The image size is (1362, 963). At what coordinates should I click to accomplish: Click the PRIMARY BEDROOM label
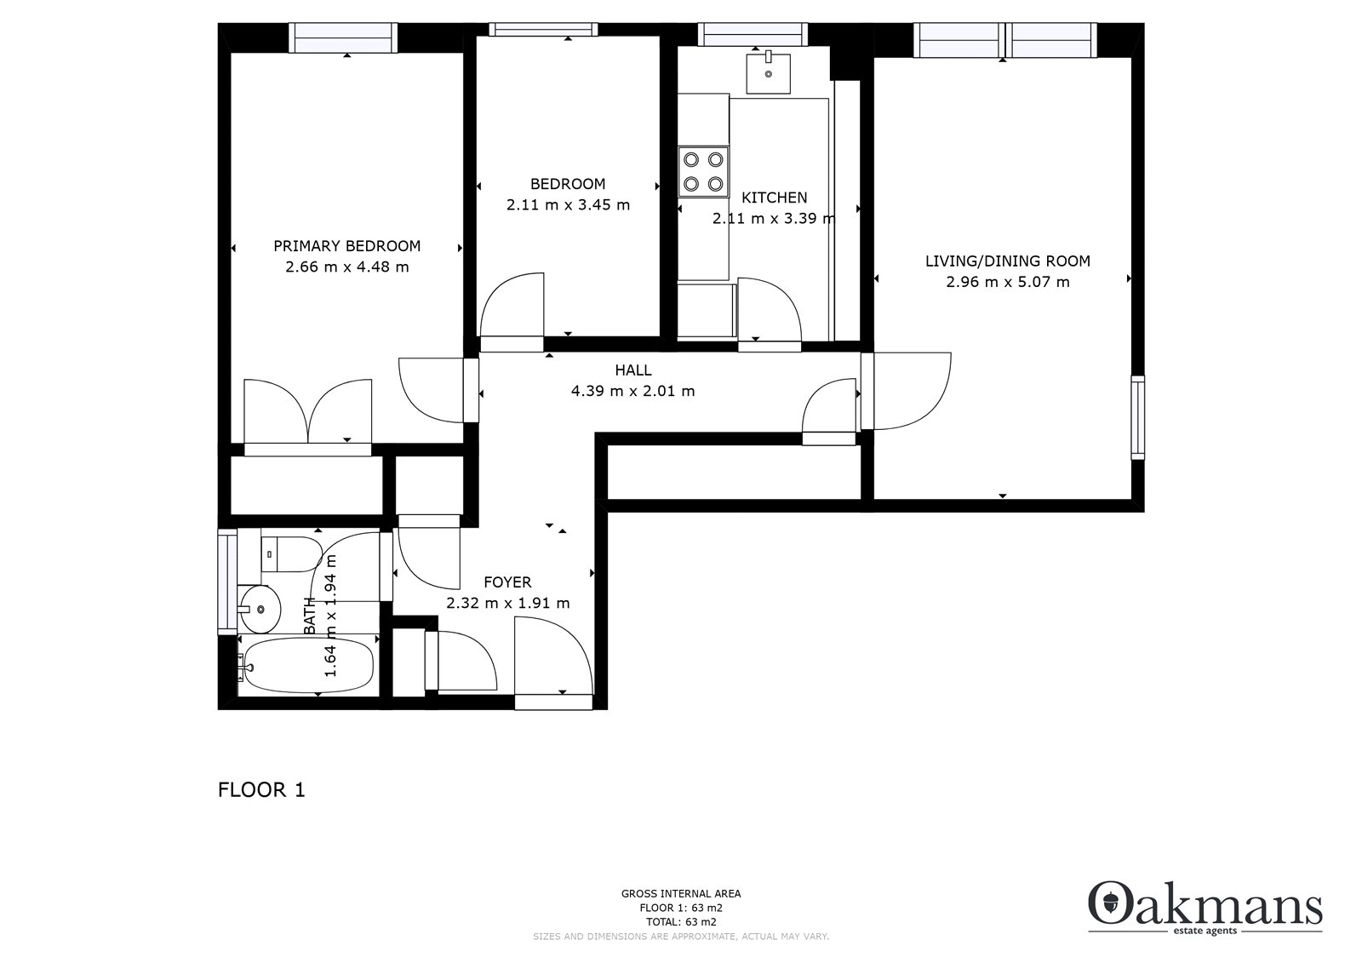pos(346,246)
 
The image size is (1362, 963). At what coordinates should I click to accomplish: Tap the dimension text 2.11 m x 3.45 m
pos(568,205)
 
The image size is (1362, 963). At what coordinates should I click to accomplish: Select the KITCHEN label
pos(774,198)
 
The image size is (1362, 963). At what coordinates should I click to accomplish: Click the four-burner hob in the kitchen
pos(703,171)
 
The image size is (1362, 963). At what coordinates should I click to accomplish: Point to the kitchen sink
pos(769,73)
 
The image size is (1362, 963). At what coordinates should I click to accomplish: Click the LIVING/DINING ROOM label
pos(1008,261)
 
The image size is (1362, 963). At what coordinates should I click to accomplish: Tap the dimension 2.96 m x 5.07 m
pos(1008,283)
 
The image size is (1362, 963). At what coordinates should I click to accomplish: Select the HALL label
pos(633,370)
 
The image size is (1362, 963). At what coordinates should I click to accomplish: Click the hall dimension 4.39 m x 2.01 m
pos(632,391)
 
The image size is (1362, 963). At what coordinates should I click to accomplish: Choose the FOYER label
pos(507,582)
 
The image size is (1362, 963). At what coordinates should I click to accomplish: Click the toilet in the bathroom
pos(292,554)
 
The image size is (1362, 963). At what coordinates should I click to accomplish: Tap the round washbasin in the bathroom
pos(260,609)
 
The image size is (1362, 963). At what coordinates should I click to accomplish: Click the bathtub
pos(306,665)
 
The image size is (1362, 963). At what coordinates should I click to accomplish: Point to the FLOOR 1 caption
pos(261,789)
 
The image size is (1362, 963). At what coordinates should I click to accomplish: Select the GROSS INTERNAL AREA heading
pos(681,894)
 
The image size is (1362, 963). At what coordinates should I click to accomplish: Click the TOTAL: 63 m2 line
pos(681,922)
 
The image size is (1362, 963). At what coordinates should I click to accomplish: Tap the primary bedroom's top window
pos(343,37)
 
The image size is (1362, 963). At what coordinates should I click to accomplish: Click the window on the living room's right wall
pos(1137,418)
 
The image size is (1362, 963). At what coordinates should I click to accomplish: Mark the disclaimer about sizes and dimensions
pos(681,937)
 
